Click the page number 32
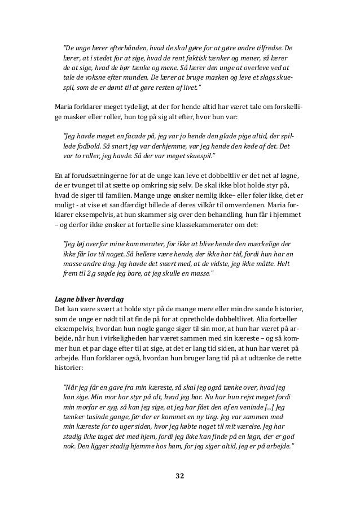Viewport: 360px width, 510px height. click(179, 476)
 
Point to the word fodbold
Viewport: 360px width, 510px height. click(82, 145)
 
